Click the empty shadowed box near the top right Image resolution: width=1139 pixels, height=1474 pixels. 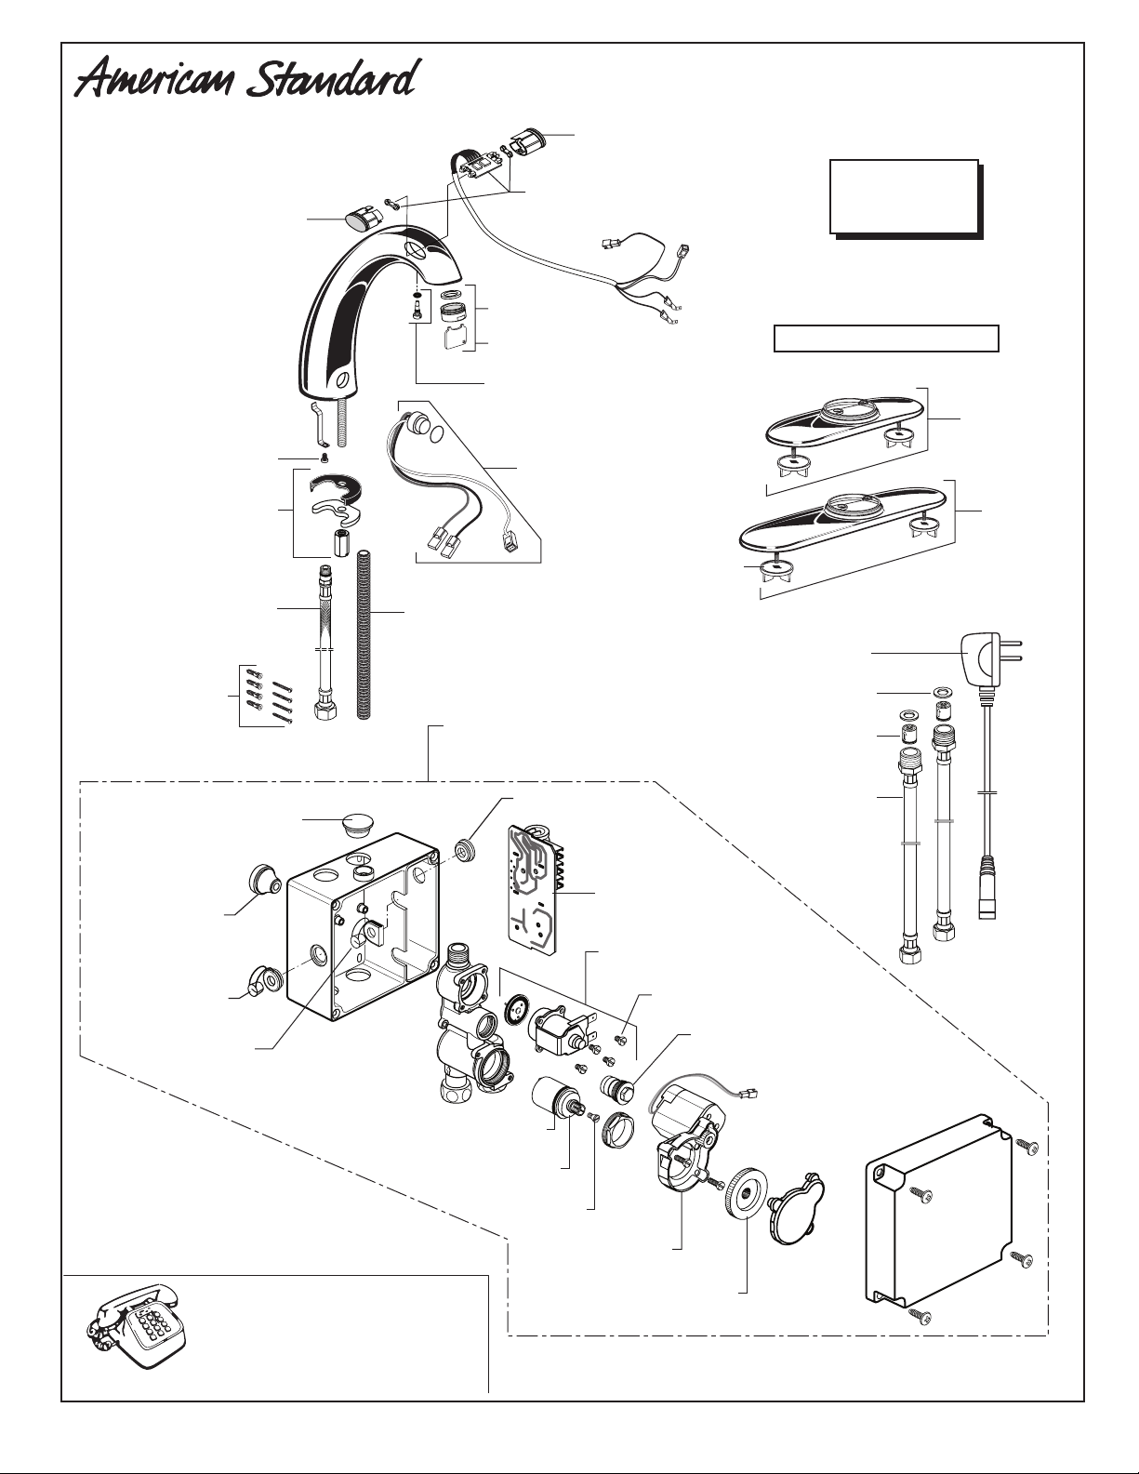point(903,197)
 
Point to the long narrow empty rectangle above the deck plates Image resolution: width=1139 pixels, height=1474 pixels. point(886,339)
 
